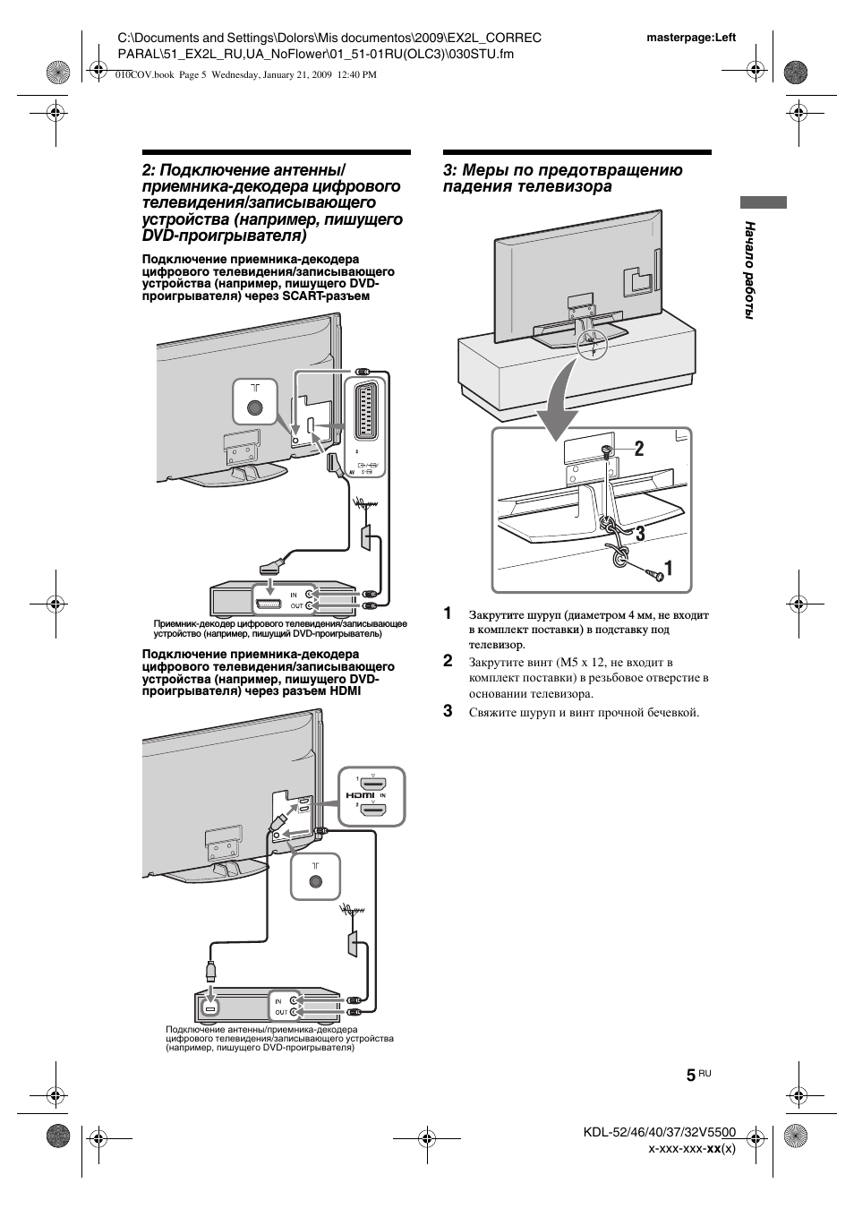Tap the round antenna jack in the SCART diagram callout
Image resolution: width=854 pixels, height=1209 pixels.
click(x=255, y=407)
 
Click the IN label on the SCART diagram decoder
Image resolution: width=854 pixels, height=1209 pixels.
click(x=293, y=594)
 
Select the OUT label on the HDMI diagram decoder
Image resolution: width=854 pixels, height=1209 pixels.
click(x=281, y=1012)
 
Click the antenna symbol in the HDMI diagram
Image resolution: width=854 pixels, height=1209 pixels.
click(x=350, y=912)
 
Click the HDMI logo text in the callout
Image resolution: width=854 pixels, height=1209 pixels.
click(x=361, y=796)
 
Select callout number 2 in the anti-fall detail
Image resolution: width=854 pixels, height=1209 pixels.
click(x=639, y=450)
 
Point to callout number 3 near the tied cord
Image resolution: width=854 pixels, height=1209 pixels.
click(x=639, y=533)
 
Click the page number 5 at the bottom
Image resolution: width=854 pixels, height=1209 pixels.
click(x=690, y=1076)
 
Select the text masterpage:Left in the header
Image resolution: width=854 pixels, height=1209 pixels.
click(x=690, y=38)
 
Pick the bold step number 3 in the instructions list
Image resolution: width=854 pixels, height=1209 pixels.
click(x=448, y=712)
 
